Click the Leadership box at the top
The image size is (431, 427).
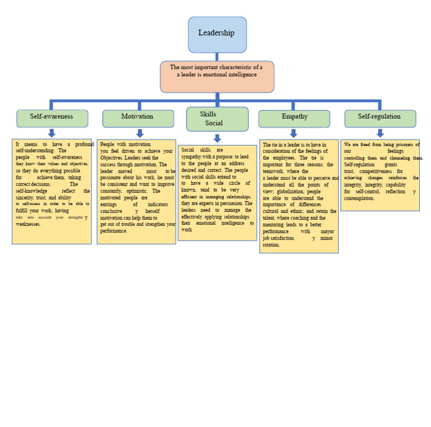click(217, 34)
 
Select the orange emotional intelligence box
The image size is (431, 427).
click(217, 76)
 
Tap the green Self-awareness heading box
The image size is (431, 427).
click(52, 118)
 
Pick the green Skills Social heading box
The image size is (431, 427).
click(217, 119)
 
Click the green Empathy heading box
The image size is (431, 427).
click(294, 118)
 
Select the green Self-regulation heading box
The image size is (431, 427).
click(380, 118)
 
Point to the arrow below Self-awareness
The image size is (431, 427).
click(52, 133)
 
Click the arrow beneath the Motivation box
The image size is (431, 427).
click(140, 133)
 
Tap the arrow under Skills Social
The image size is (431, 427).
click(217, 138)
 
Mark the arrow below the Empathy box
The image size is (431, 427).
click(293, 133)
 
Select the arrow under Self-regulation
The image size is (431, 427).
click(380, 133)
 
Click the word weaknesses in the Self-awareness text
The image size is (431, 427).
click(28, 224)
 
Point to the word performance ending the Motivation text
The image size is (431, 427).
click(114, 230)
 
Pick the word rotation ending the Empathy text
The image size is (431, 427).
click(271, 245)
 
